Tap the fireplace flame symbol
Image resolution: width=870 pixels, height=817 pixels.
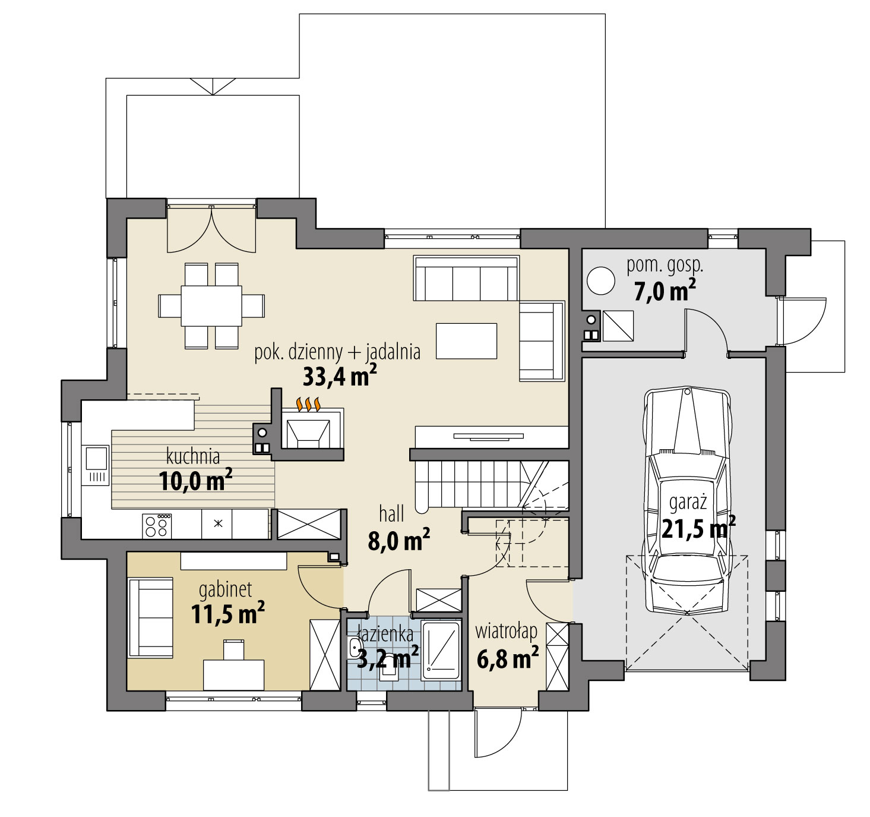[x=309, y=404]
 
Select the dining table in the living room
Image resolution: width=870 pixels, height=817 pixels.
[x=211, y=305]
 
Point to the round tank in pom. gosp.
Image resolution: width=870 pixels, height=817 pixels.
[x=601, y=280]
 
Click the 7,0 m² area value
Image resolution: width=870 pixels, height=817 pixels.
[x=665, y=292]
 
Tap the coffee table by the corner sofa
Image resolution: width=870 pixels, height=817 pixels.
[x=466, y=341]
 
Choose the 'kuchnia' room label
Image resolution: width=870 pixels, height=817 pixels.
[x=193, y=456]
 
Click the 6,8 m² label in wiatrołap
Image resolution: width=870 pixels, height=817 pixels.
[x=508, y=658]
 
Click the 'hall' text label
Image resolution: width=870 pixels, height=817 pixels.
[x=392, y=513]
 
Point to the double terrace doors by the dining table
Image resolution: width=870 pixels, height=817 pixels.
[x=211, y=229]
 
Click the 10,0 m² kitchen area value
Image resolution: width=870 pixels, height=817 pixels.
[x=195, y=480]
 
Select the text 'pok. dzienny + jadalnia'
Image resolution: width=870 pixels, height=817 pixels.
[x=337, y=352]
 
